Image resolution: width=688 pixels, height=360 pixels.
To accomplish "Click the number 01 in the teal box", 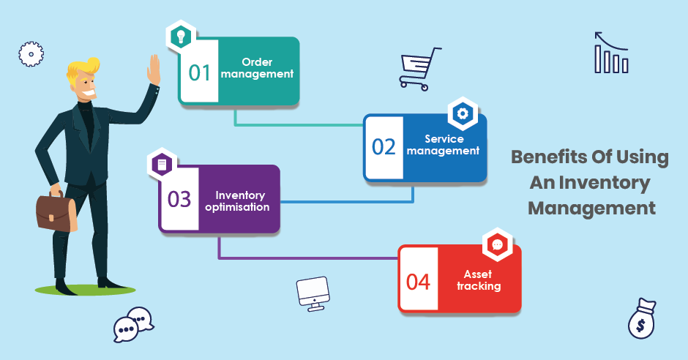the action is (200, 72).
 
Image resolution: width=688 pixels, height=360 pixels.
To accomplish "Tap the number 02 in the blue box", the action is (384, 147).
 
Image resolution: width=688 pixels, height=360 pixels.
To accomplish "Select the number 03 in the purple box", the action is (179, 199).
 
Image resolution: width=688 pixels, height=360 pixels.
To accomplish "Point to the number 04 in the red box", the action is (418, 282).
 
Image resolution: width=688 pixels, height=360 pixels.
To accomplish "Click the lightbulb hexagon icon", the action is (181, 36).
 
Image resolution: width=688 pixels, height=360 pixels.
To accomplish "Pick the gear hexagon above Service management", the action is (463, 113).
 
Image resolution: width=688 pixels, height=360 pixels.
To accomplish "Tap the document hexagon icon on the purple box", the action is (162, 165).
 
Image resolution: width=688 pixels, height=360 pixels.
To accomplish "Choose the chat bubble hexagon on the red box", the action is (498, 244).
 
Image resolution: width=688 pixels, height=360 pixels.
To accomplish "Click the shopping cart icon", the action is (419, 69).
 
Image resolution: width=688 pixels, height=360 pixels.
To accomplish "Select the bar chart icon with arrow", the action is (611, 53).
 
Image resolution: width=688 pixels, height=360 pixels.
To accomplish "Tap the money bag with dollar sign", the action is (642, 319).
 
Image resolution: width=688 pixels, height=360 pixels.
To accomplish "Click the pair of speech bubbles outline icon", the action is (133, 324).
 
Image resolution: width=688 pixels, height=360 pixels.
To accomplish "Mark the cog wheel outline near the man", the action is (31, 54).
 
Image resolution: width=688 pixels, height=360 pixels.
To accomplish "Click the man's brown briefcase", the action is (56, 213).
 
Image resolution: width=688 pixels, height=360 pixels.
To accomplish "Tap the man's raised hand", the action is (154, 70).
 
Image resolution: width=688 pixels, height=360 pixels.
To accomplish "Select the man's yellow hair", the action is (83, 70).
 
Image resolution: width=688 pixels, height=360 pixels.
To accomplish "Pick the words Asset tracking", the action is (478, 280).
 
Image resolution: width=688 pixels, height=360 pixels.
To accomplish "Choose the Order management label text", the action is (257, 68).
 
